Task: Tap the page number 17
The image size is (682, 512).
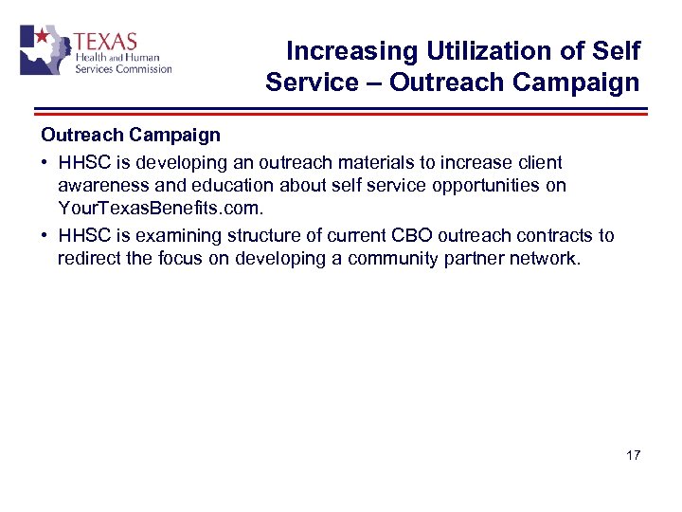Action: (x=633, y=456)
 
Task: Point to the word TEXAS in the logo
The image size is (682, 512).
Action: (x=105, y=43)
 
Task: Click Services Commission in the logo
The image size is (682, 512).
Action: (x=123, y=68)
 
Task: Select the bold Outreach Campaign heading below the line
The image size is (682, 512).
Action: (x=130, y=136)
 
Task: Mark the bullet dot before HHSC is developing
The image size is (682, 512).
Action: (x=45, y=163)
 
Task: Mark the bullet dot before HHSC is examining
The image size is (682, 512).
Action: (x=45, y=236)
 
